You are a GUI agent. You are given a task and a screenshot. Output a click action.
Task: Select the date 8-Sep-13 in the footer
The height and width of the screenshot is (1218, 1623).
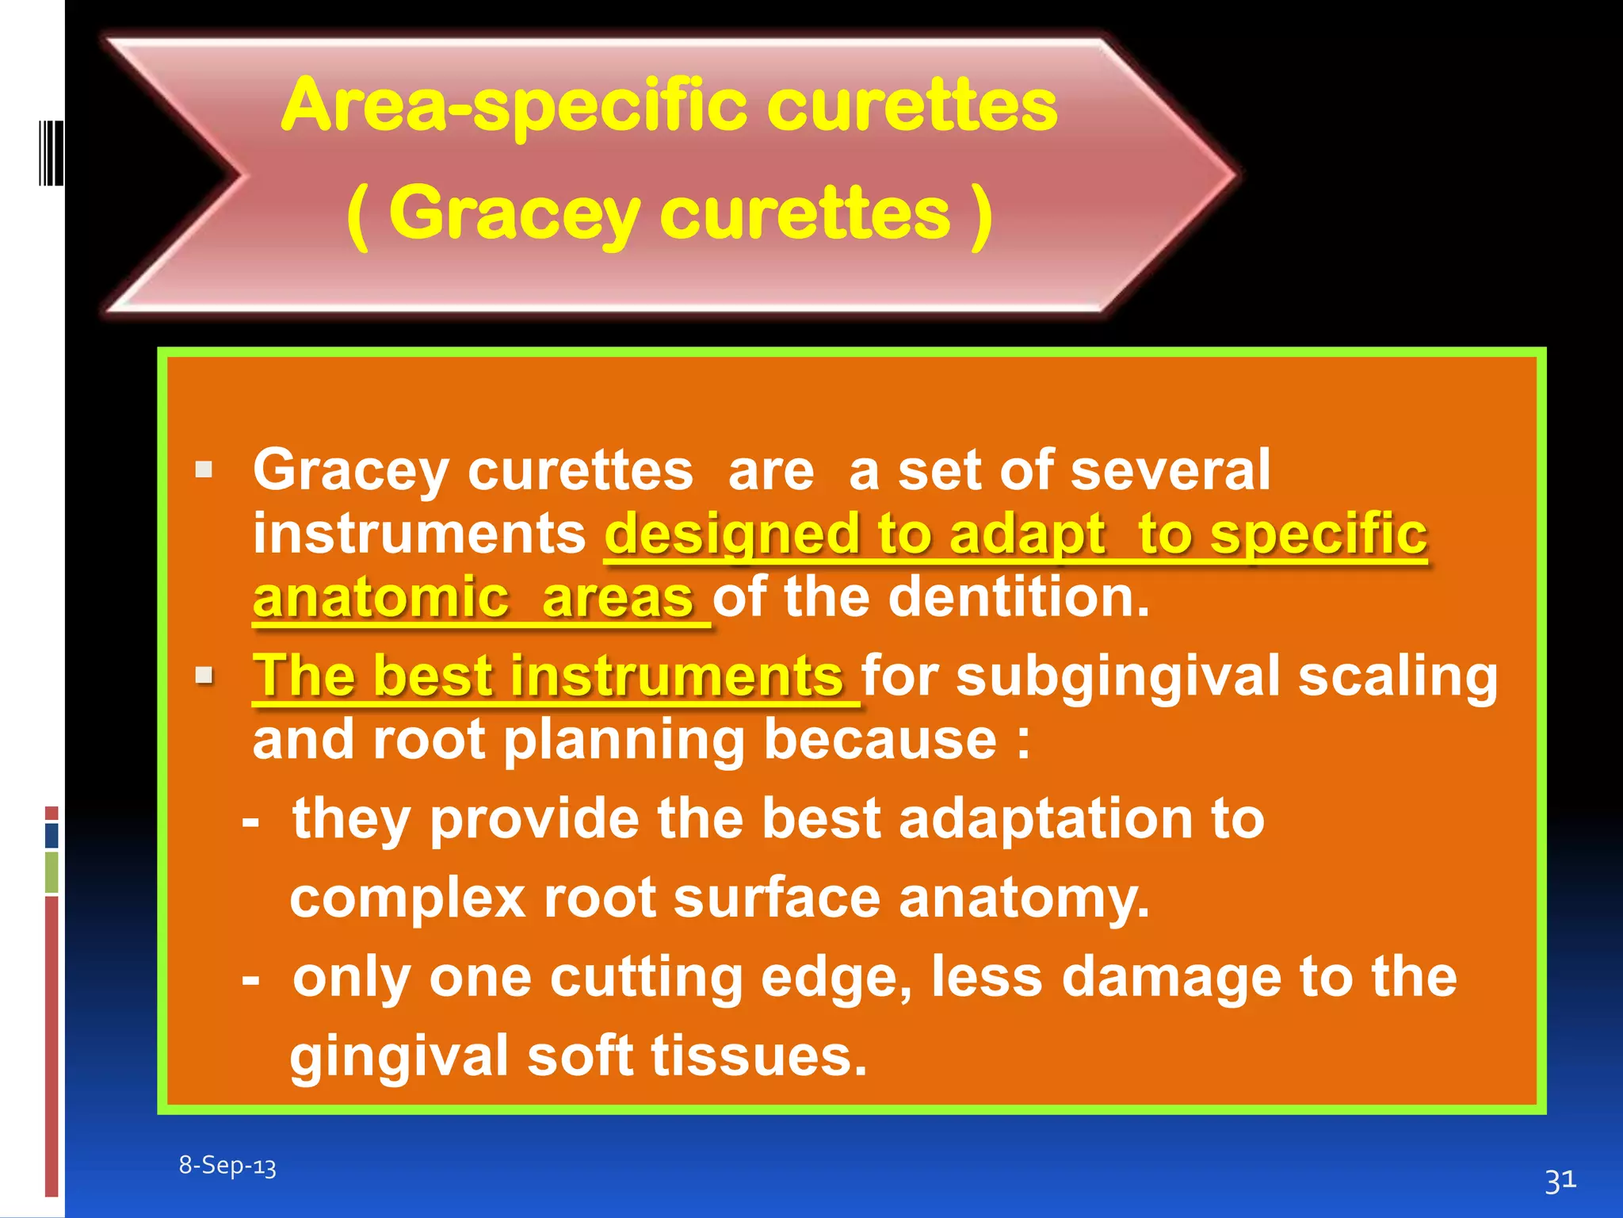pos(227,1166)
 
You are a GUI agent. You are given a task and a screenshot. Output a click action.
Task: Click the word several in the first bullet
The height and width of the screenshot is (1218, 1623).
pos(1170,469)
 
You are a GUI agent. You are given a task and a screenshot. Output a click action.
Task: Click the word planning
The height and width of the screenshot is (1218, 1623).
pos(624,741)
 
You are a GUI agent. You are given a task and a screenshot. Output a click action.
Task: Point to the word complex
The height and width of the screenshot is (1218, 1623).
pos(407,898)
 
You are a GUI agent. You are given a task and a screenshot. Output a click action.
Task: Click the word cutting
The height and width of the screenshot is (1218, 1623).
pos(646,977)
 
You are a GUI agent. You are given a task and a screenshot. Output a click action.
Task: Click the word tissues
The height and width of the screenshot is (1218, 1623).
pos(758,1056)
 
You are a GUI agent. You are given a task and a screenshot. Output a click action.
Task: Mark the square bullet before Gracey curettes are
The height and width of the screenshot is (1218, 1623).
pos(204,469)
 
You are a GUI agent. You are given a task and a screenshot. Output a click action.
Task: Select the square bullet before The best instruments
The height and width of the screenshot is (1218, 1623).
pos(204,676)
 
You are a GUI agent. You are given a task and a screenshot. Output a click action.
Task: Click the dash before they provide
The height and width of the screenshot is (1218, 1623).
pos(250,822)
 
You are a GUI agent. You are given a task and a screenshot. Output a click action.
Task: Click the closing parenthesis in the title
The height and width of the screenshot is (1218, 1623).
pos(982,214)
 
